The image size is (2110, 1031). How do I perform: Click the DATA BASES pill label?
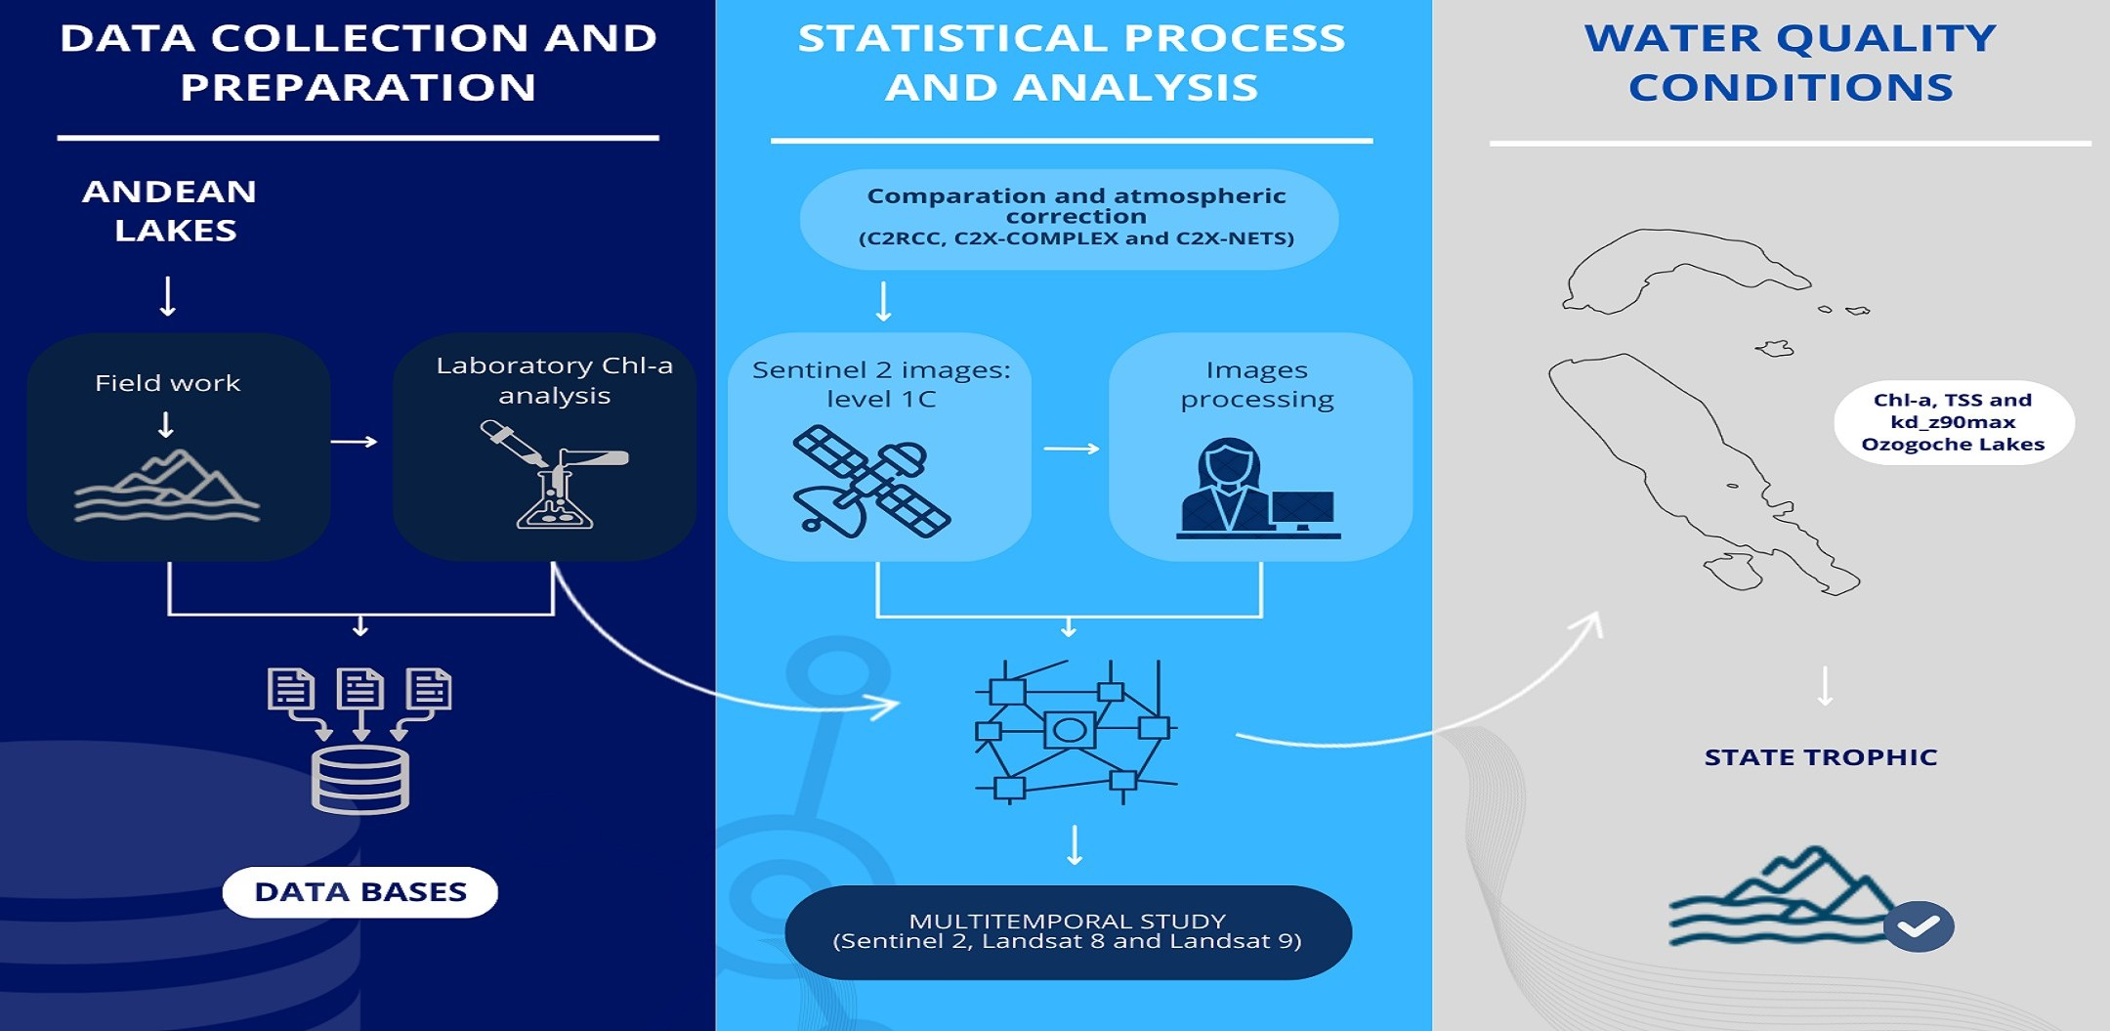(x=359, y=891)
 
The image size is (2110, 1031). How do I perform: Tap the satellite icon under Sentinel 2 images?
(x=869, y=481)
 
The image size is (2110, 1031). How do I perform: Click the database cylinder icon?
(x=359, y=779)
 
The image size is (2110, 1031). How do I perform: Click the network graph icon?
(x=1075, y=731)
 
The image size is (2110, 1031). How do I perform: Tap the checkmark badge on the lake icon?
(x=1918, y=925)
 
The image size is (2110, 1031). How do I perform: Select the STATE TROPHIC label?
(x=1820, y=757)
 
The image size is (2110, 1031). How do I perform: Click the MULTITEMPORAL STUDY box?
(x=1068, y=931)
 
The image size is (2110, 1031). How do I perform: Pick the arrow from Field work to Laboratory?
(x=354, y=442)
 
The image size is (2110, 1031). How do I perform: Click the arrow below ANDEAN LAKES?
(x=168, y=296)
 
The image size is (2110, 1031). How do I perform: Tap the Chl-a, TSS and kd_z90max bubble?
(x=1953, y=422)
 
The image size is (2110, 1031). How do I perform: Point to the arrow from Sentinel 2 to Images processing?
(x=1071, y=449)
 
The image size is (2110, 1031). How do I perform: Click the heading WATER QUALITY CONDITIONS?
(x=1790, y=63)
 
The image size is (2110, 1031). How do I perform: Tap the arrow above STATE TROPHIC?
(x=1825, y=686)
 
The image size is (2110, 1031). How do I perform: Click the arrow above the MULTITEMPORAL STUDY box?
(x=1075, y=845)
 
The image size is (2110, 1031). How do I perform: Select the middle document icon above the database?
(x=360, y=690)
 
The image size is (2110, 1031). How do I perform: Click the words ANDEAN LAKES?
(x=171, y=210)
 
